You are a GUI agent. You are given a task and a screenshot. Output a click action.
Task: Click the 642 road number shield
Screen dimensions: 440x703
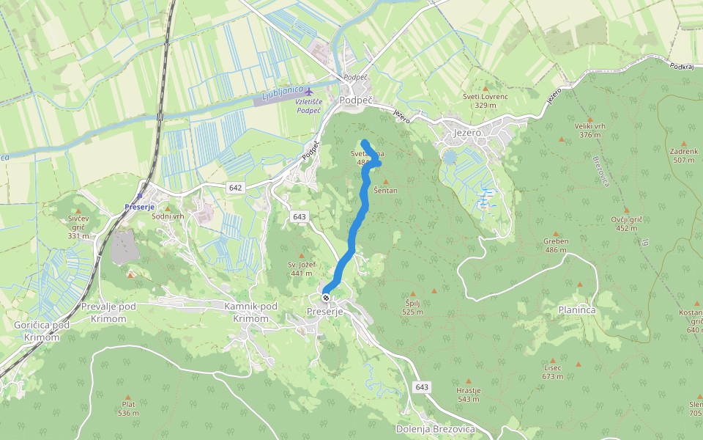click(234, 188)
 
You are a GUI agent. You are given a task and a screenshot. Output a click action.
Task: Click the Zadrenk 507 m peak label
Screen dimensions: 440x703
click(683, 155)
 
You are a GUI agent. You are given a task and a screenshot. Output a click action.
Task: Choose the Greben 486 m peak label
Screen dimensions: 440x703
click(556, 245)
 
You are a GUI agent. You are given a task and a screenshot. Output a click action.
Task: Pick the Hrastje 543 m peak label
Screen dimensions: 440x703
click(468, 395)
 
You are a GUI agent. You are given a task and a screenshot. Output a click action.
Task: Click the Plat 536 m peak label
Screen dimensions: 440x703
click(129, 408)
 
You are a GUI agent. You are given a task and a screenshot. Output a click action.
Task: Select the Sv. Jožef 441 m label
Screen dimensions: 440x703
click(300, 268)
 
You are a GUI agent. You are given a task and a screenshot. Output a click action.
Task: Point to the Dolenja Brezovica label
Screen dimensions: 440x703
click(435, 429)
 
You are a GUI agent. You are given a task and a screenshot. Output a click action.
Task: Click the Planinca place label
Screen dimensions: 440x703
click(576, 310)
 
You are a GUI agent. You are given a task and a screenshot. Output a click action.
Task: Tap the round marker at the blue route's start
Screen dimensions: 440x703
click(326, 298)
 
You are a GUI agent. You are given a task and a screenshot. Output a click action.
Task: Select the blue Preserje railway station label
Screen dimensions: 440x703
click(138, 206)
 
